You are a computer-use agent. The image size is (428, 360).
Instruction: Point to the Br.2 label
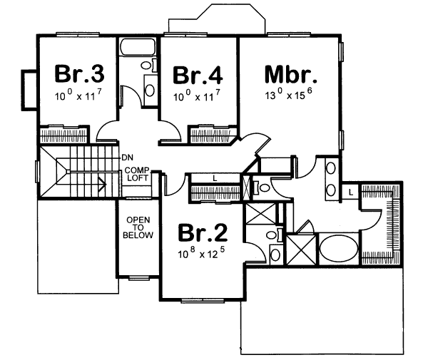(x=203, y=234)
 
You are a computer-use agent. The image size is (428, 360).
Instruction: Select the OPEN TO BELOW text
(x=137, y=227)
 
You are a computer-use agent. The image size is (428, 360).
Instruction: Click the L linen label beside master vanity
(x=352, y=192)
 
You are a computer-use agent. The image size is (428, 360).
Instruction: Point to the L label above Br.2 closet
(x=215, y=178)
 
